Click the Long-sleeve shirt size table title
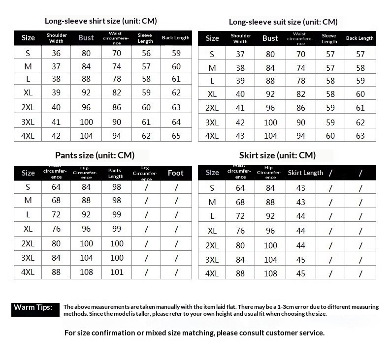(100, 21)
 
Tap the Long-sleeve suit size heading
(283, 22)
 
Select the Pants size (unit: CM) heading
(95, 155)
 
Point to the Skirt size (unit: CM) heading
(277, 155)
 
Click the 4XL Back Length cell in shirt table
(176, 135)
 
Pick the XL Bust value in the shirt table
(86, 92)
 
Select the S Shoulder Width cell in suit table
(240, 54)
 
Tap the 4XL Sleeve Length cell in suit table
(329, 136)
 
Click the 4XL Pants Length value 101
(117, 272)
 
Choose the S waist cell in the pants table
(56, 187)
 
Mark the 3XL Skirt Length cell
(300, 260)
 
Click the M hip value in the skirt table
(270, 202)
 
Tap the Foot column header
(176, 173)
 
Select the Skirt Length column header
(305, 173)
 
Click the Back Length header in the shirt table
(176, 38)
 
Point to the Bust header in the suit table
(270, 38)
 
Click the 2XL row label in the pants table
(28, 243)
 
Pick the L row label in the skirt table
(212, 216)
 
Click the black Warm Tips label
(32, 308)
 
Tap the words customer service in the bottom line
(295, 333)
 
